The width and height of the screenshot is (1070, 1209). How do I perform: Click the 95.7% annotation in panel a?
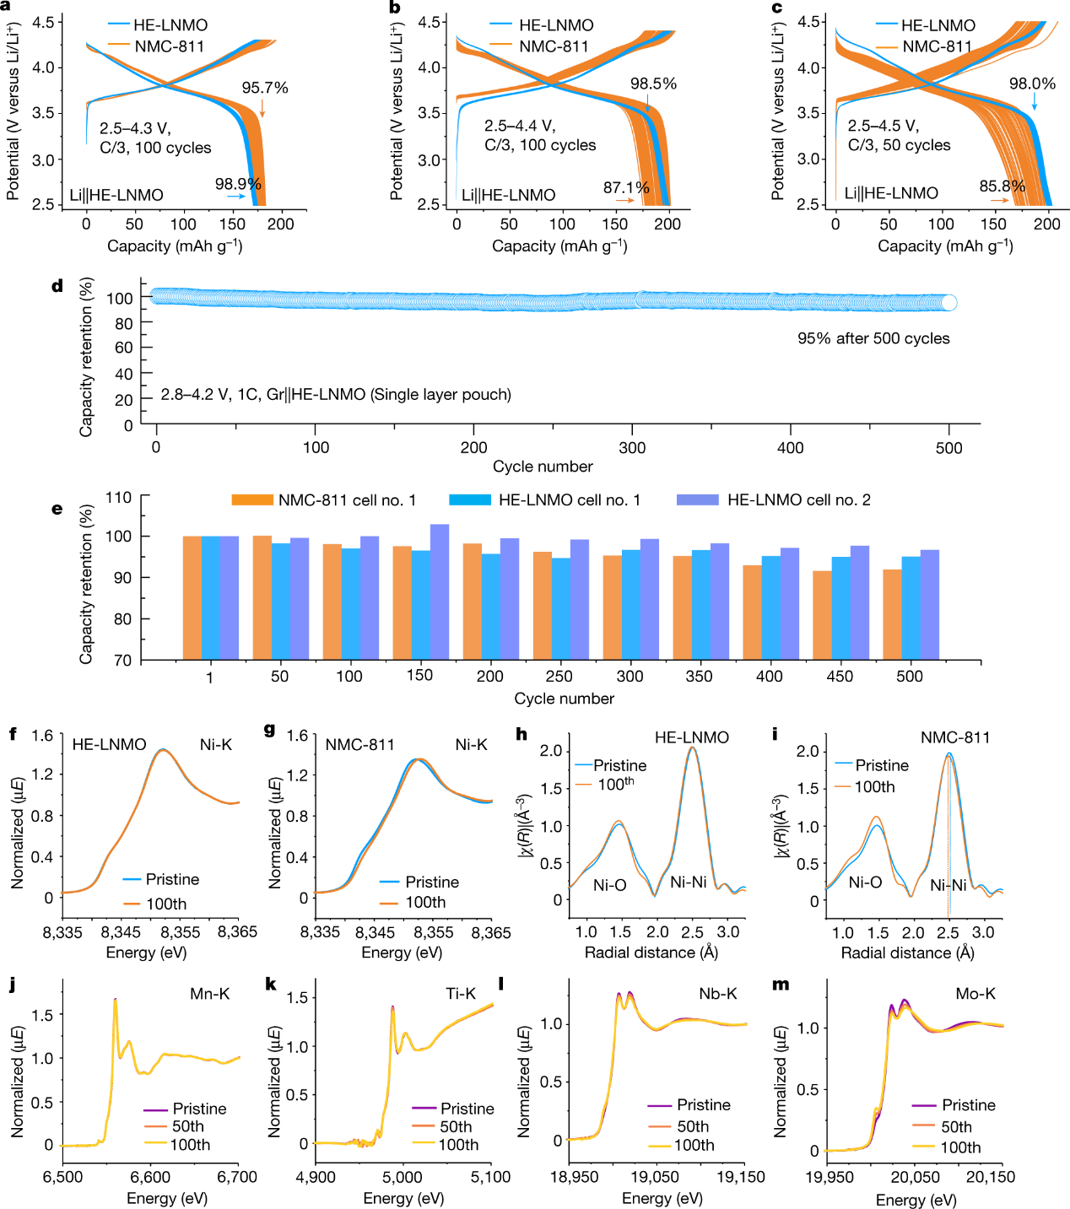[x=265, y=88]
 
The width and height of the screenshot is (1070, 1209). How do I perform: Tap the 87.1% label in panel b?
[x=626, y=187]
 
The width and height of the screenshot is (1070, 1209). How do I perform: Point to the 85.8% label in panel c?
[x=1002, y=186]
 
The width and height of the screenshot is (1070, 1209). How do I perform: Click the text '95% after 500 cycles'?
[x=873, y=338]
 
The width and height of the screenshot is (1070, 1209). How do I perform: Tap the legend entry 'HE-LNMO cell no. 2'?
[x=798, y=500]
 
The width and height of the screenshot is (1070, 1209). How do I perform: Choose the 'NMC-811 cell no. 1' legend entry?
[x=347, y=500]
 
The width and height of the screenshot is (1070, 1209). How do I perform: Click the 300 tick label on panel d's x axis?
[x=632, y=448]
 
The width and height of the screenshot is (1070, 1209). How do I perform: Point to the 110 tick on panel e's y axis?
[x=118, y=498]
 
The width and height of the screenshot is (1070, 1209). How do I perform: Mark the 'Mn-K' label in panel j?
[x=209, y=994]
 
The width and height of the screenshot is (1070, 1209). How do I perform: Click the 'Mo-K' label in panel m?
[x=975, y=994]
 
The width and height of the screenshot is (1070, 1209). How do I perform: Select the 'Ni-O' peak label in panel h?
[x=609, y=885]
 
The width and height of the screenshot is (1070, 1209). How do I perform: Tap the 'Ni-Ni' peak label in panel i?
[x=948, y=885]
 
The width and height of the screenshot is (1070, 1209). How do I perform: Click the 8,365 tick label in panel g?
[x=491, y=932]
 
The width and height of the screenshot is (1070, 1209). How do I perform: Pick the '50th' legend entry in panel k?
[x=456, y=1126]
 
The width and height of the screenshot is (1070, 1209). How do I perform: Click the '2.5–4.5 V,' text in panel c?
[x=884, y=126]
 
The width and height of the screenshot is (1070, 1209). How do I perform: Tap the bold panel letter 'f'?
[x=14, y=733]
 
